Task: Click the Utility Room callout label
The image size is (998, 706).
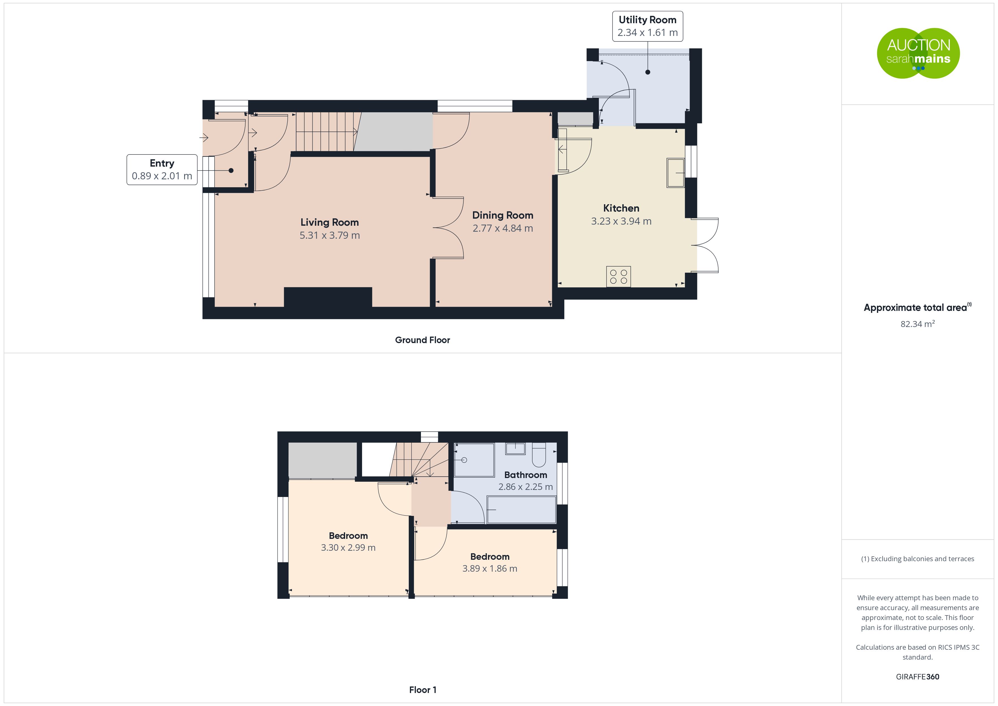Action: (647, 26)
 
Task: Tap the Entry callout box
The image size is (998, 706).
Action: (162, 169)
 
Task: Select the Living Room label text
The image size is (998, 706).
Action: (330, 222)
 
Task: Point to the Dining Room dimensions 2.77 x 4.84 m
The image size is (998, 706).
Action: (502, 228)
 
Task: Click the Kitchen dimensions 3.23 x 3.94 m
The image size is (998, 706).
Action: (621, 221)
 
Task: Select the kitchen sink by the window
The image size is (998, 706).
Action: (676, 173)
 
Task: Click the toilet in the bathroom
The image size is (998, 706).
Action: (539, 454)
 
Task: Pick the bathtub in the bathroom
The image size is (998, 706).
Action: (521, 509)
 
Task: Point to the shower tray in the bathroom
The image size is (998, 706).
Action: (474, 460)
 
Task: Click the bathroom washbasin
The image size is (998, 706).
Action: (515, 448)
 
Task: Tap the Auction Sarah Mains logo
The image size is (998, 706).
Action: (918, 53)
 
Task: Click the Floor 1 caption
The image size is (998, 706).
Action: (423, 690)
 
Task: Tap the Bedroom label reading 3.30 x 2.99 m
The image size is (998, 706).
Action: (348, 542)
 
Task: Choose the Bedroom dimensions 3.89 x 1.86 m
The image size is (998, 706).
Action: (490, 569)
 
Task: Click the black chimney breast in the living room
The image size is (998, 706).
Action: (328, 297)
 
